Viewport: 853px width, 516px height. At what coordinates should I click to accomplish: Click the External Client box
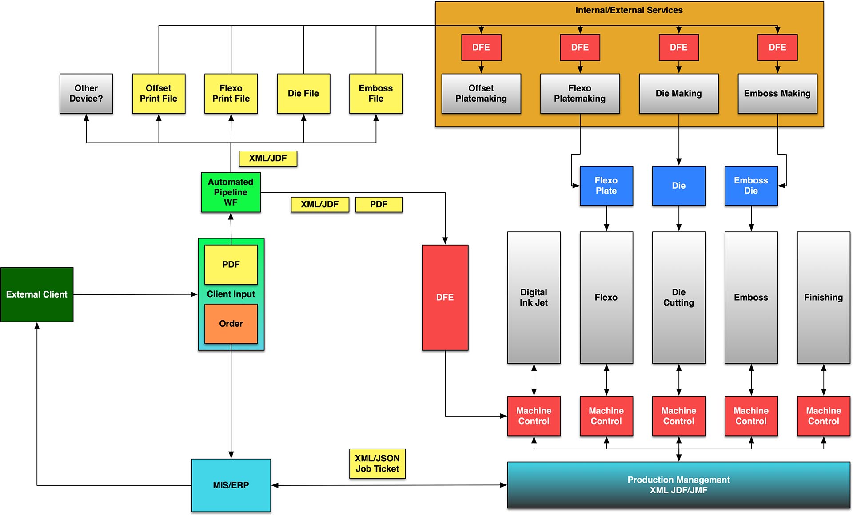37,294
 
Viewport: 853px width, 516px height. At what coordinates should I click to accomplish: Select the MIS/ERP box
231,485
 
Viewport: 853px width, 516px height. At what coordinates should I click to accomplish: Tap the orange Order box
231,324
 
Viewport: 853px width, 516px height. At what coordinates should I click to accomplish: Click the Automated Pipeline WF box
231,192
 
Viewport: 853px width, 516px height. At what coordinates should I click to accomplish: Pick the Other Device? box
86,94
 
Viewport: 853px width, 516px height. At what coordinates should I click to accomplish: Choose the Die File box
303,94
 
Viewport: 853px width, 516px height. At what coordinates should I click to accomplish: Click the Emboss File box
376,94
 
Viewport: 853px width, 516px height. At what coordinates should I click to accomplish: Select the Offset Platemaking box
481,94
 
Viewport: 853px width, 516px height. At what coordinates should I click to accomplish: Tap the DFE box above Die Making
678,48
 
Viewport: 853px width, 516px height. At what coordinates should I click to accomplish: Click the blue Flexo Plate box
606,186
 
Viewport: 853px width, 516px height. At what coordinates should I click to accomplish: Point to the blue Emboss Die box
751,186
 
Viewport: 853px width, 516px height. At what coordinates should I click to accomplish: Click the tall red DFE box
445,298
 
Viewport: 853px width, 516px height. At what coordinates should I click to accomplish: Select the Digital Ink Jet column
534,298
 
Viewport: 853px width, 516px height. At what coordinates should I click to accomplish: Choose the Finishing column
823,298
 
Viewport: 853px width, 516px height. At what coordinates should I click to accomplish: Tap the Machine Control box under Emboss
751,416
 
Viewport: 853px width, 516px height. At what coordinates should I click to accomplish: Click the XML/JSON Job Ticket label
377,464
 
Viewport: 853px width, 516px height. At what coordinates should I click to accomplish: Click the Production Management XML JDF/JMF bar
678,485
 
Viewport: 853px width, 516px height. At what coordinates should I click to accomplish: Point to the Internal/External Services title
629,10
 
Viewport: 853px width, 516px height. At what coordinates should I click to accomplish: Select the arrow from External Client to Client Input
133,294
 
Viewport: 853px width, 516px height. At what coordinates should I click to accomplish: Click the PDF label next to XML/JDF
379,204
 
